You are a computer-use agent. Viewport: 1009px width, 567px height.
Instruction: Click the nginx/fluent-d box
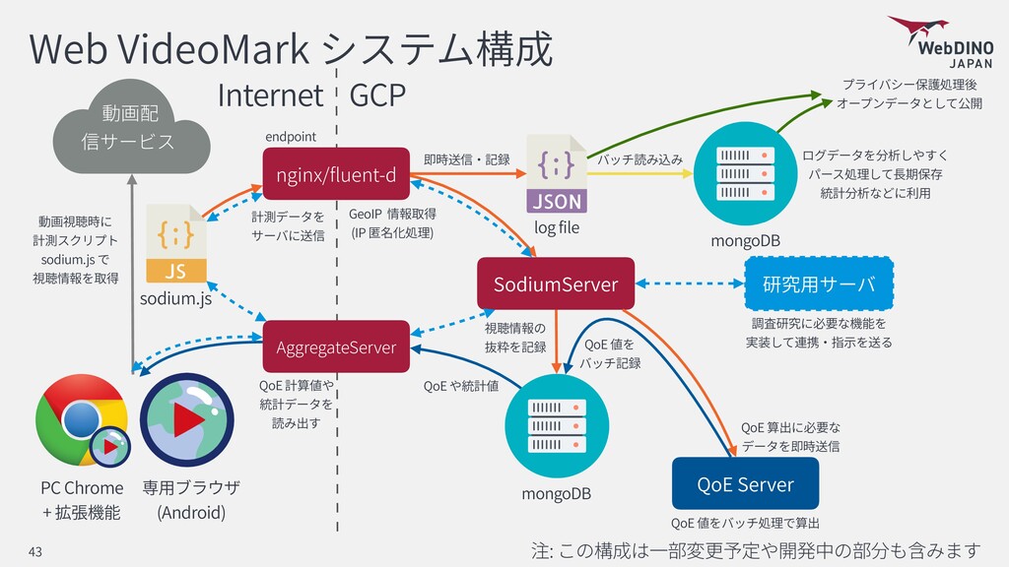336,173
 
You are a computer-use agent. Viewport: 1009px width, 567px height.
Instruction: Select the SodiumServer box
556,283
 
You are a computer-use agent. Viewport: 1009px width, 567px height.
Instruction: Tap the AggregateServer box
336,346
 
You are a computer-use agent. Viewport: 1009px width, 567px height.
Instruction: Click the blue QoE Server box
745,483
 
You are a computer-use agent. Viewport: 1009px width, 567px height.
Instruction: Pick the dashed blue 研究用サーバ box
819,283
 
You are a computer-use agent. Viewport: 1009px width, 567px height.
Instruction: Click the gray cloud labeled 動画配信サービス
131,127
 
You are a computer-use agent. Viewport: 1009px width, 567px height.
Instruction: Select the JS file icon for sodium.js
175,244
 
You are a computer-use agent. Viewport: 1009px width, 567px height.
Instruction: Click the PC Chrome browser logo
82,420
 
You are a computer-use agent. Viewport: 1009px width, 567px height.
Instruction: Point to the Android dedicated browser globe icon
187,419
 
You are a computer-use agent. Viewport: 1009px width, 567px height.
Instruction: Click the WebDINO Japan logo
941,41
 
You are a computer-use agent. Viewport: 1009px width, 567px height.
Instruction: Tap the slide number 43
34,551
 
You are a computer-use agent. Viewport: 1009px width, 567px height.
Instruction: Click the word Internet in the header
270,95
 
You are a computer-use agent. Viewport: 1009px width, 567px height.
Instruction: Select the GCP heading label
377,95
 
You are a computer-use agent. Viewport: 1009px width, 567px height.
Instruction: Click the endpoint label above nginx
291,137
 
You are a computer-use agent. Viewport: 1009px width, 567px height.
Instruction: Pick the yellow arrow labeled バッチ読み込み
639,173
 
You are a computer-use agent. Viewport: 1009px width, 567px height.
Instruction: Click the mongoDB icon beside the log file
745,173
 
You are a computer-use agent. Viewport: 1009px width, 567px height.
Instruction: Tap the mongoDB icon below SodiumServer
556,425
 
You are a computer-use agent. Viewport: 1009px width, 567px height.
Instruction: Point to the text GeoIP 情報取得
392,214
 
